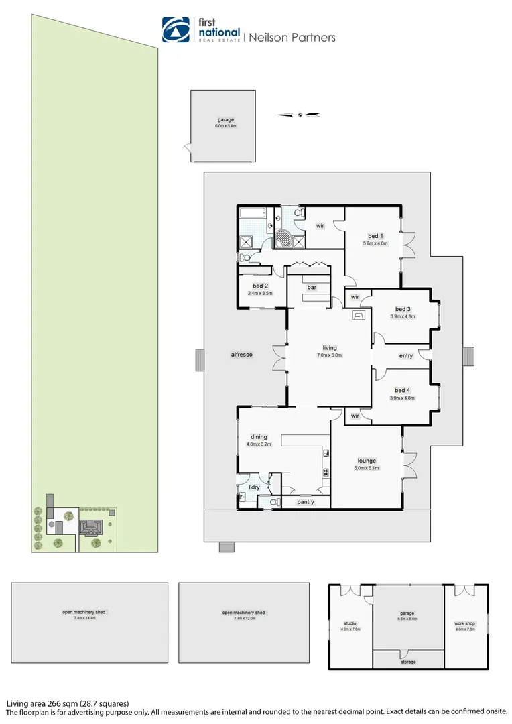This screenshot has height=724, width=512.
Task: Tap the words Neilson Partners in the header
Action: [292, 38]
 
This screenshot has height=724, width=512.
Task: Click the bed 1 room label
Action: [375, 236]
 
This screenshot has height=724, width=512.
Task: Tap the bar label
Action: [311, 288]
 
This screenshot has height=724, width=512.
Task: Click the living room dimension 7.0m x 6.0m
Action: [330, 355]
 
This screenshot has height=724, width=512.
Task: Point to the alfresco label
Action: [241, 355]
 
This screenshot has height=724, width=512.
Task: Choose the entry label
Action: [406, 356]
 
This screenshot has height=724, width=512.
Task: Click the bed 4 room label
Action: [402, 390]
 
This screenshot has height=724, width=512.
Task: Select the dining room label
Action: [259, 436]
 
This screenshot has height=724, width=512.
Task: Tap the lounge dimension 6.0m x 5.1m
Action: [367, 468]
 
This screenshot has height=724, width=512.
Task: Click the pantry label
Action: [306, 502]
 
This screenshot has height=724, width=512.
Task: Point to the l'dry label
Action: [254, 487]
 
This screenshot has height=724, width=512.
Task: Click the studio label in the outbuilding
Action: [350, 623]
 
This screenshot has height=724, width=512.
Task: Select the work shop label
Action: [464, 623]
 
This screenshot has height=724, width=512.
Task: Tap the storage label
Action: [408, 662]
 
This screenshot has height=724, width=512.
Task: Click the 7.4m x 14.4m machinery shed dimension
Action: [90, 617]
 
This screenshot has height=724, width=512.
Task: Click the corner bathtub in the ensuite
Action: [285, 238]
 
